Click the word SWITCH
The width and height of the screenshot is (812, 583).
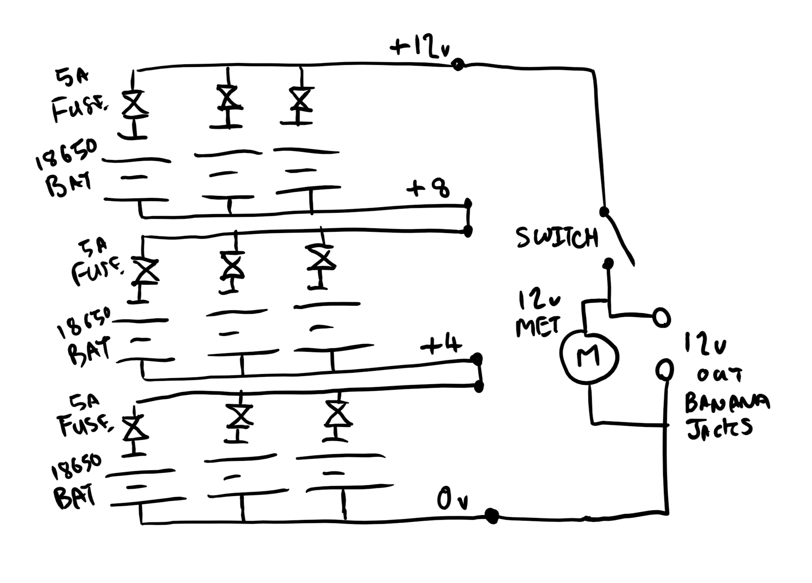[557, 238]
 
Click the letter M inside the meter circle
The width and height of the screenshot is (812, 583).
[589, 357]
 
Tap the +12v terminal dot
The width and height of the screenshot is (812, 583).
[458, 64]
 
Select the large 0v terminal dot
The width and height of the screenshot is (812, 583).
[491, 516]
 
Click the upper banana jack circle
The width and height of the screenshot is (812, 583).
[662, 318]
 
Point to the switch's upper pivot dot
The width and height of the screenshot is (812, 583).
[604, 211]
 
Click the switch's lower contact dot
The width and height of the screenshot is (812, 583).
[608, 264]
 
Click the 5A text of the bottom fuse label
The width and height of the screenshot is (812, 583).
[84, 402]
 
